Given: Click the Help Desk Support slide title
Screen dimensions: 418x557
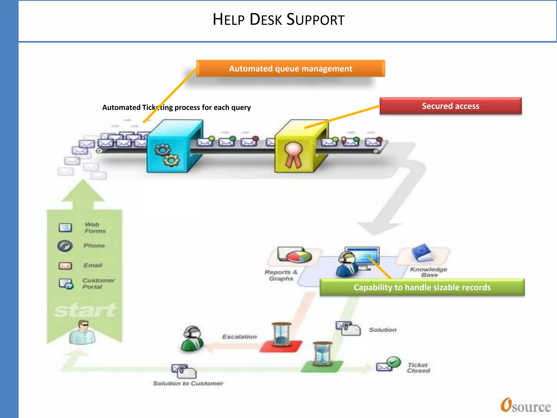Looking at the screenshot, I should pyautogui.click(x=278, y=20).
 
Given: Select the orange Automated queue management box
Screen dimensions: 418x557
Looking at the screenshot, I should pyautogui.click(x=290, y=69).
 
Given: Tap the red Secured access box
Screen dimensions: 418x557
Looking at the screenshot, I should pyautogui.click(x=450, y=106).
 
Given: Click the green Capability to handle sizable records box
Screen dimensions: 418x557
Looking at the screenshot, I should pyautogui.click(x=422, y=287).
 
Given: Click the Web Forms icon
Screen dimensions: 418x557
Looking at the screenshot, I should pyautogui.click(x=65, y=228).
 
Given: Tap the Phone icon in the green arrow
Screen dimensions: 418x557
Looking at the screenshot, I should pyautogui.click(x=65, y=246).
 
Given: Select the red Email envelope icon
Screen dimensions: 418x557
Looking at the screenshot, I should pyautogui.click(x=65, y=266).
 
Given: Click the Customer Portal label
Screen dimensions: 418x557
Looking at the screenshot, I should pyautogui.click(x=98, y=283).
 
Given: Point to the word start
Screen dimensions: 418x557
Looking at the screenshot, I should pyautogui.click(x=85, y=310).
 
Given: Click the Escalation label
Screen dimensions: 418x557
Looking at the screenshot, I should pyautogui.click(x=239, y=337).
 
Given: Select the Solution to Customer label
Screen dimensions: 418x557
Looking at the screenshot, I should pyautogui.click(x=188, y=383).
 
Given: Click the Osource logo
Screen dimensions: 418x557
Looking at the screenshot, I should pyautogui.click(x=525, y=406).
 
